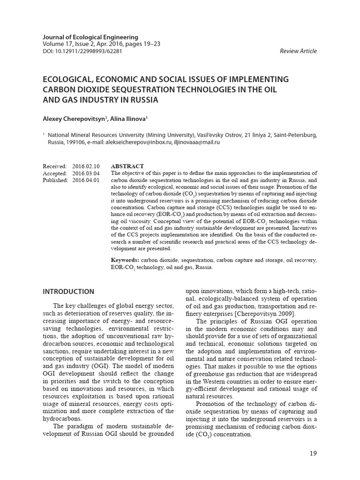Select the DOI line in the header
tap(82, 51)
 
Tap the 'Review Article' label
tap(298, 51)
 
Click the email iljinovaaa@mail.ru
tap(197, 142)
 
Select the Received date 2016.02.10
tap(86, 166)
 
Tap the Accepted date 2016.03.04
tap(86, 173)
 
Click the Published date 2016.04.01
tap(86, 180)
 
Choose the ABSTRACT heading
tap(127, 166)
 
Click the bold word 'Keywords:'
tap(125, 260)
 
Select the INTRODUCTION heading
tap(68, 292)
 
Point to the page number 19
tap(314, 453)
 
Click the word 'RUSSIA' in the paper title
tap(141, 100)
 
